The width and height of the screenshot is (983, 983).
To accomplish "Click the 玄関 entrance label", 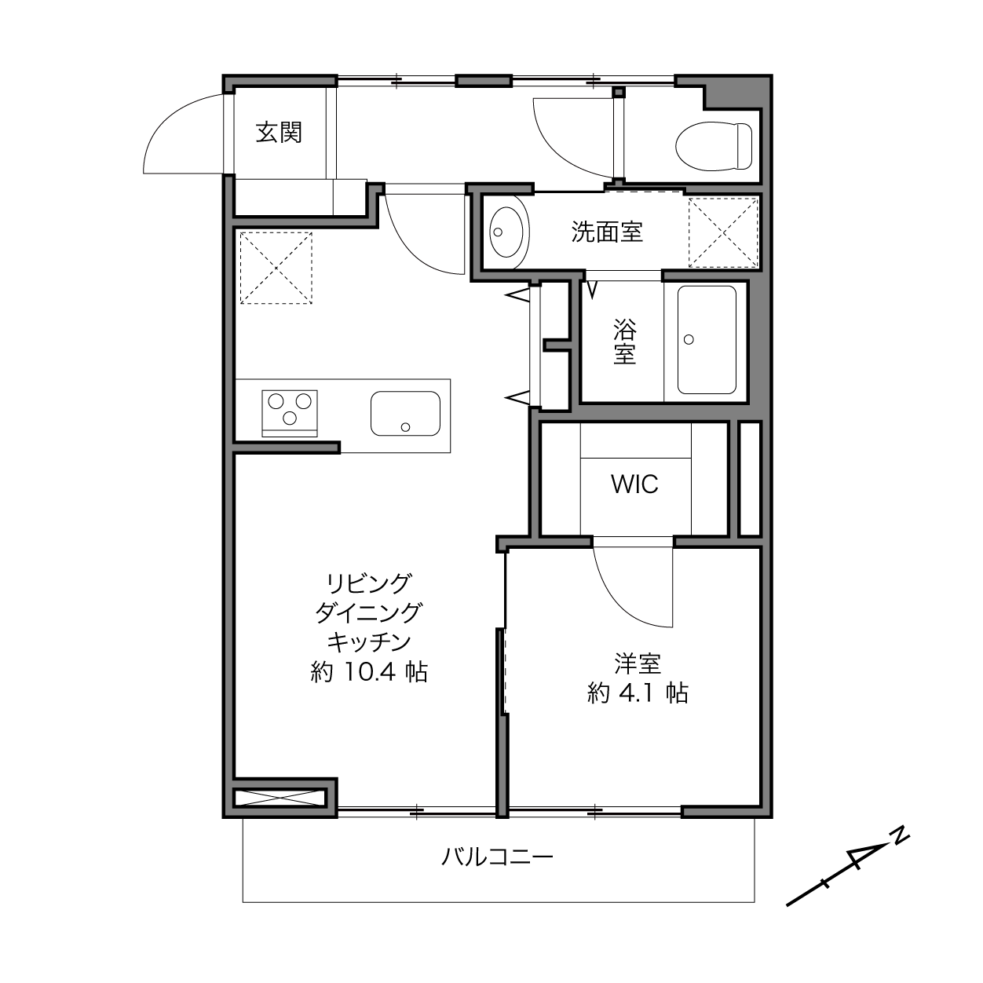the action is pyautogui.click(x=279, y=133).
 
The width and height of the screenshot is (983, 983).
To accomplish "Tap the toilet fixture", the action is pyautogui.click(x=714, y=146).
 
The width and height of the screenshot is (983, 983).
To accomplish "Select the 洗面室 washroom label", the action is pyautogui.click(x=607, y=232).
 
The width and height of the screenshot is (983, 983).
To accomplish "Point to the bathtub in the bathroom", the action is pyautogui.click(x=707, y=340).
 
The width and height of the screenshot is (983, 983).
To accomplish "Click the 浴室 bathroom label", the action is pyautogui.click(x=624, y=342).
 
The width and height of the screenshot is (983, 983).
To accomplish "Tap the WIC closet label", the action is pyautogui.click(x=634, y=484).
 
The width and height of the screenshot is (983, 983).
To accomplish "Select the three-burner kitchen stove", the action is pyautogui.click(x=290, y=413).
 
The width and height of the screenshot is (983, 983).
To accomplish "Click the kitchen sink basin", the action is pyautogui.click(x=406, y=414).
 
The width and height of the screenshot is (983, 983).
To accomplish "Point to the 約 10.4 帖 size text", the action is pyautogui.click(x=369, y=672).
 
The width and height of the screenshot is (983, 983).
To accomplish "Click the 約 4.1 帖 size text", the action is pyautogui.click(x=638, y=693).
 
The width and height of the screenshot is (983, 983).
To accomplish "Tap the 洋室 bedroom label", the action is pyautogui.click(x=638, y=663).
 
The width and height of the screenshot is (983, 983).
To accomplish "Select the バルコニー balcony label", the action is pyautogui.click(x=497, y=857).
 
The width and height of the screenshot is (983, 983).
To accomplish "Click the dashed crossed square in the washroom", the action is pyautogui.click(x=723, y=232).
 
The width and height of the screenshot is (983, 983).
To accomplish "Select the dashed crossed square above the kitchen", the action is pyautogui.click(x=276, y=269).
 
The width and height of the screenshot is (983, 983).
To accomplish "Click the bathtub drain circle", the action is pyautogui.click(x=689, y=339).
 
